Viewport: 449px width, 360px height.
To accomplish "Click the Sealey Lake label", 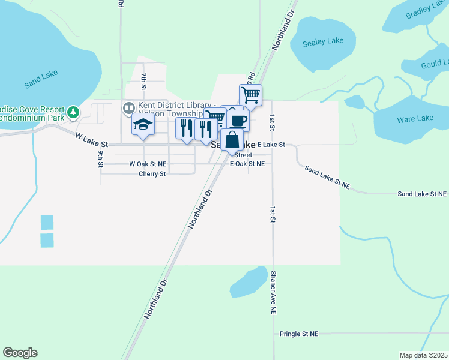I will pyautogui.click(x=323, y=41).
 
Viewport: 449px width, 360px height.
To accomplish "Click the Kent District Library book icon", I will pyautogui.click(x=128, y=108).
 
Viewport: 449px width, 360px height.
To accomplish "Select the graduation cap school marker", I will pyautogui.click(x=143, y=125).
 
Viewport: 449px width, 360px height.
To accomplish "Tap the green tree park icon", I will pyautogui.click(x=73, y=112).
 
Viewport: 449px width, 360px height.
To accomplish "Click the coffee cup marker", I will pyautogui.click(x=238, y=121).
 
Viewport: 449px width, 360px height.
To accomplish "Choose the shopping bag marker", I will pyautogui.click(x=232, y=141).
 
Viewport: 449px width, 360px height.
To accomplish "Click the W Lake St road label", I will pyautogui.click(x=91, y=140).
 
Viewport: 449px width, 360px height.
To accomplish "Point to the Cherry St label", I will pyautogui.click(x=152, y=174).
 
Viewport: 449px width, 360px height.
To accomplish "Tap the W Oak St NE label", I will pyautogui.click(x=147, y=163).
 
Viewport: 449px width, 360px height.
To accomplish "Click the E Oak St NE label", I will pyautogui.click(x=247, y=163).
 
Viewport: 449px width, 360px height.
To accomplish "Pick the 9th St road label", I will pyautogui.click(x=101, y=159).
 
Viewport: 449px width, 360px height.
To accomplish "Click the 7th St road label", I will pyautogui.click(x=144, y=82).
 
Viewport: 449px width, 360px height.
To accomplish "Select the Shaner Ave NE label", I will pyautogui.click(x=273, y=293).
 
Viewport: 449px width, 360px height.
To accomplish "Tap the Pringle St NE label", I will pyautogui.click(x=298, y=334).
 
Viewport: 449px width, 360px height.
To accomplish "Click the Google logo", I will pyautogui.click(x=20, y=353).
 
